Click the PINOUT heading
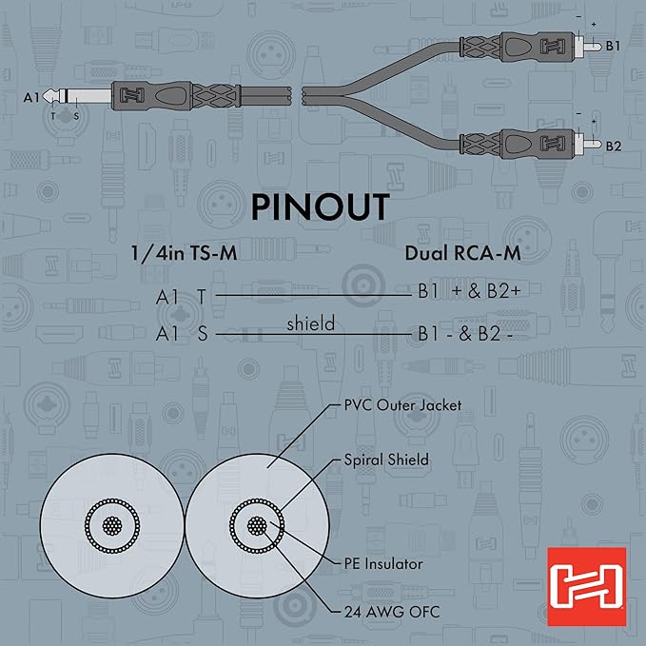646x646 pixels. tap(322, 206)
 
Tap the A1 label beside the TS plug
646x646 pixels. tap(30, 96)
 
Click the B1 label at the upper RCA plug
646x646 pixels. tap(614, 45)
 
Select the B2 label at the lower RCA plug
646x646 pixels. tap(614, 146)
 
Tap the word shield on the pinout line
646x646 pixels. tap(310, 323)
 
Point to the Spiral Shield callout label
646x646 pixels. tap(386, 460)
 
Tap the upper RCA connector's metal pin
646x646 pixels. tap(593, 45)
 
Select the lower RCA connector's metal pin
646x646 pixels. tap(593, 146)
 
